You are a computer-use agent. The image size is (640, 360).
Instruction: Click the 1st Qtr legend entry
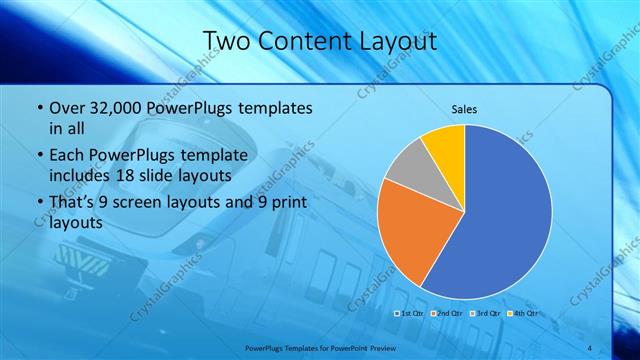tap(411, 313)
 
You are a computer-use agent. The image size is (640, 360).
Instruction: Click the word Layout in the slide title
tap(392, 41)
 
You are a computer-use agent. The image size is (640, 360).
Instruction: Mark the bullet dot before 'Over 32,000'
tap(38, 108)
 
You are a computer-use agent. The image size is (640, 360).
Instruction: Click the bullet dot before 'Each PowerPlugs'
tap(38, 156)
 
